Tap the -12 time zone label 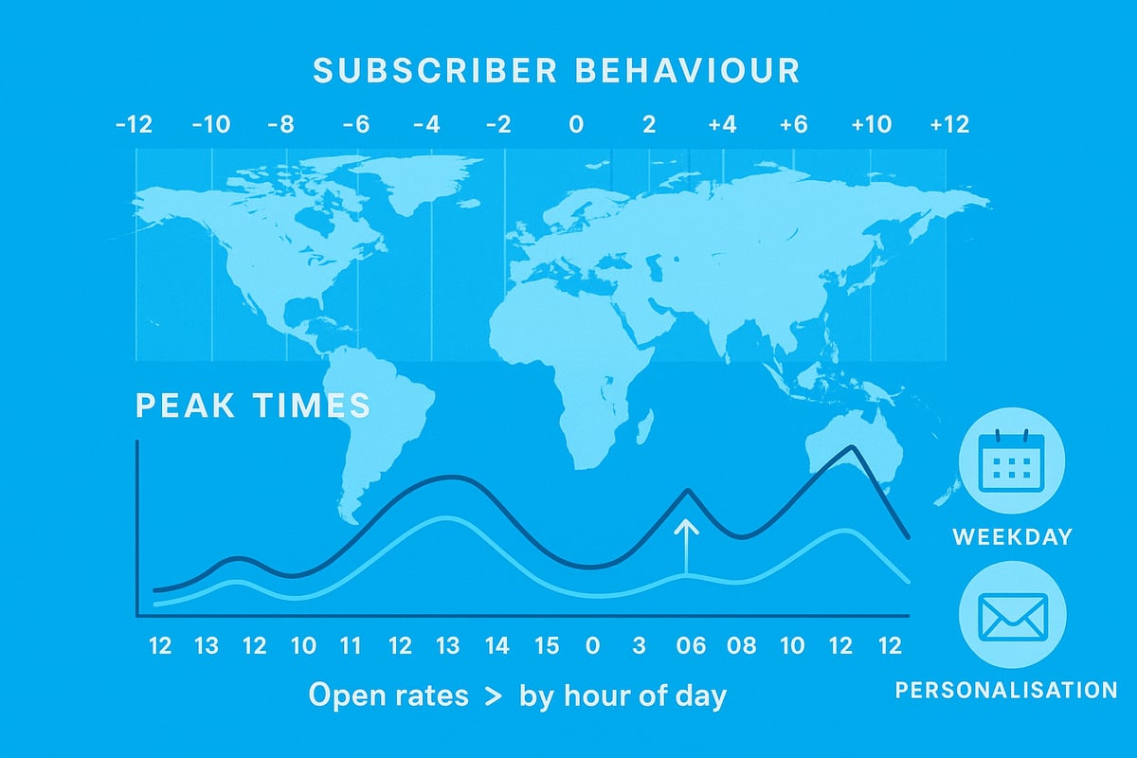134,125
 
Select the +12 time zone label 948,125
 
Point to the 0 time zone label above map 576,125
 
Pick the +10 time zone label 870,125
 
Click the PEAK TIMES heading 252,406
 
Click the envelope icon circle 1012,619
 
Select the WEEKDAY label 1012,537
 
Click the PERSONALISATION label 1006,690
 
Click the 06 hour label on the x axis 692,647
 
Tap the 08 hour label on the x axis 742,647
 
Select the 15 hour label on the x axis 546,647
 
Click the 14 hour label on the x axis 496,647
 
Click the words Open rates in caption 388,696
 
